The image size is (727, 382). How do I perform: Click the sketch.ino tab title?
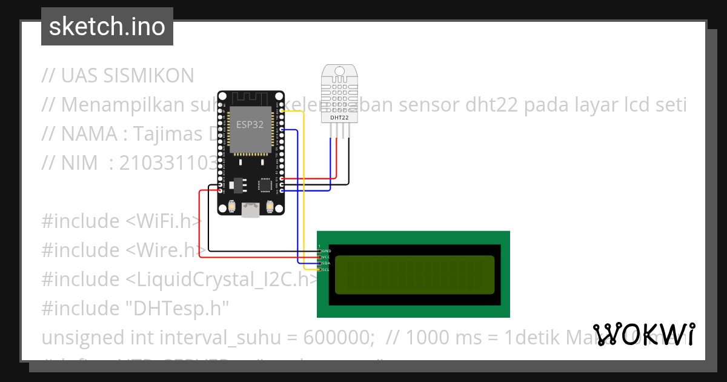107,27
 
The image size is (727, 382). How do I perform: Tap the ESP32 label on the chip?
250,123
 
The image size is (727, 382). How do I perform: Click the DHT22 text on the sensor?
339,118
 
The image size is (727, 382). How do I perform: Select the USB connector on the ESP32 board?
250,210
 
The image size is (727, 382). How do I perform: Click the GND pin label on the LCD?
326,250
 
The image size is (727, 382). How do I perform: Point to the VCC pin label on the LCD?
326,257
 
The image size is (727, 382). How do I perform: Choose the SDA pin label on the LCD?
326,263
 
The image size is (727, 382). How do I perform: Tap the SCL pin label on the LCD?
326,270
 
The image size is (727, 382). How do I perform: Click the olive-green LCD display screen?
414,274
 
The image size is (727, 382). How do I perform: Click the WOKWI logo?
643,335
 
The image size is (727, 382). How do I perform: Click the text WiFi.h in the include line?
164,221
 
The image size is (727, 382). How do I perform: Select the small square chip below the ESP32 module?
265,184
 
